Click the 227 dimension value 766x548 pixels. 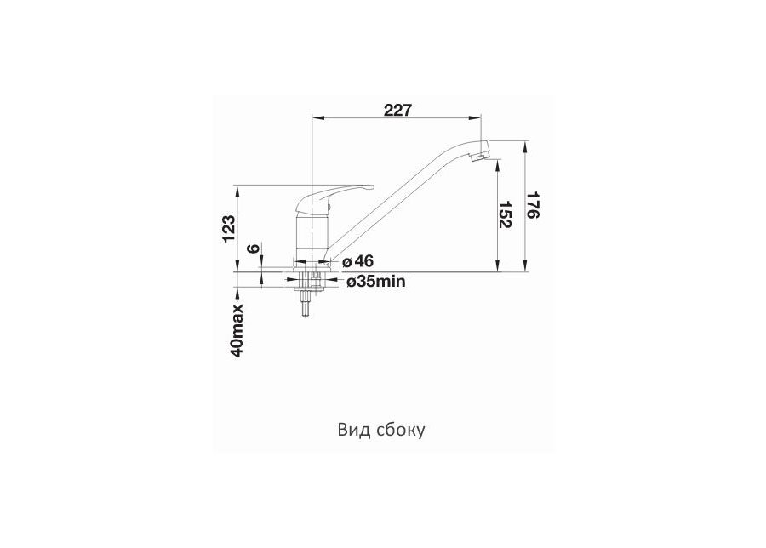[x=397, y=111]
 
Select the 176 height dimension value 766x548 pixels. [x=534, y=206]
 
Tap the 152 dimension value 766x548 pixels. [x=506, y=214]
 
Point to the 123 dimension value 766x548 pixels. [x=229, y=228]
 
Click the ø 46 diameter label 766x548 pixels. [x=358, y=261]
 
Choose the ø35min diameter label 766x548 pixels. [x=375, y=282]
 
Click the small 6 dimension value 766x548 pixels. [x=252, y=248]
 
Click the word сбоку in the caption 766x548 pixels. [x=401, y=430]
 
